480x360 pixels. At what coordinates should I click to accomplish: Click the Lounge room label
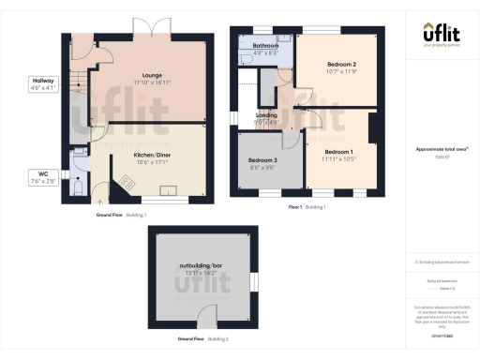click(153, 76)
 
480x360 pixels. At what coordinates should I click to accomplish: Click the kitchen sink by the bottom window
click(170, 192)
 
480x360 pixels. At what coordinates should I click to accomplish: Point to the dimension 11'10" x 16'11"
click(153, 83)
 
